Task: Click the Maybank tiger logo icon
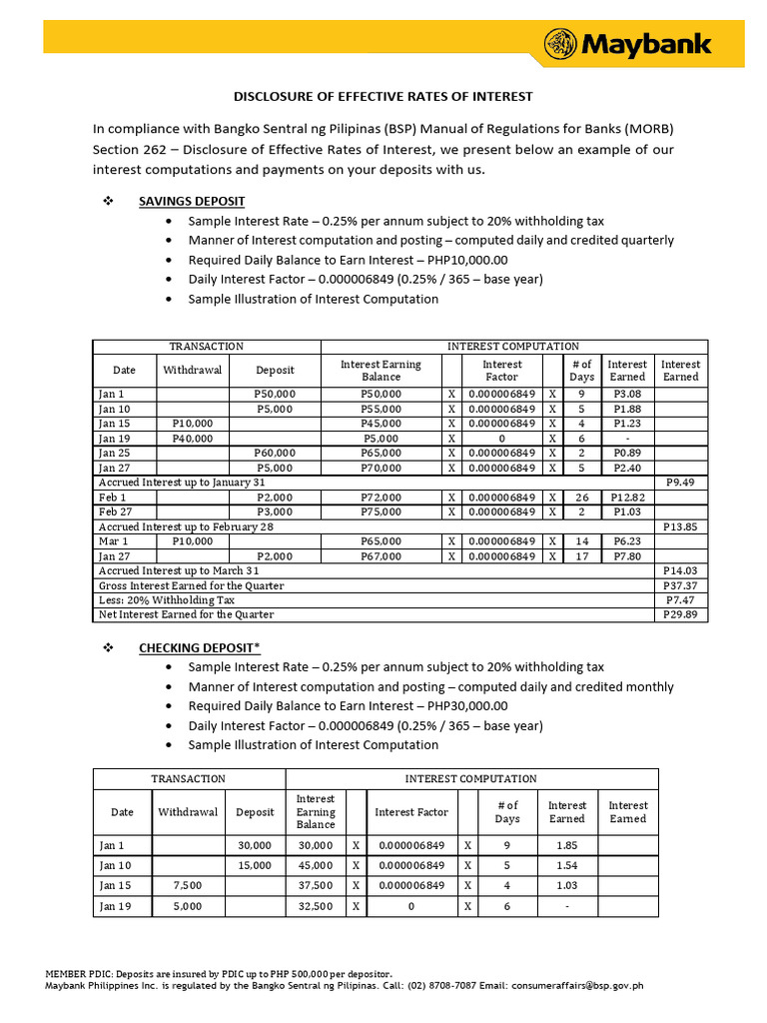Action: [x=561, y=44]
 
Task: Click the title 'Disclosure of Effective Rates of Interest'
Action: [x=383, y=97]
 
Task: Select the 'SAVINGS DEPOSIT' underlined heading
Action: [x=192, y=201]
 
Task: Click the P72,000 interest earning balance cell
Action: [x=381, y=497]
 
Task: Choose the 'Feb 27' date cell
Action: [x=112, y=511]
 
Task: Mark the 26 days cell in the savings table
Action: [x=582, y=497]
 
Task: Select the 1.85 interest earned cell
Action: [x=566, y=845]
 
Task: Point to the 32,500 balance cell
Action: [x=316, y=906]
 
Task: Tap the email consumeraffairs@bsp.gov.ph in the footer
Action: [x=577, y=985]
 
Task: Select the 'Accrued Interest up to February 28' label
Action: [x=186, y=526]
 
